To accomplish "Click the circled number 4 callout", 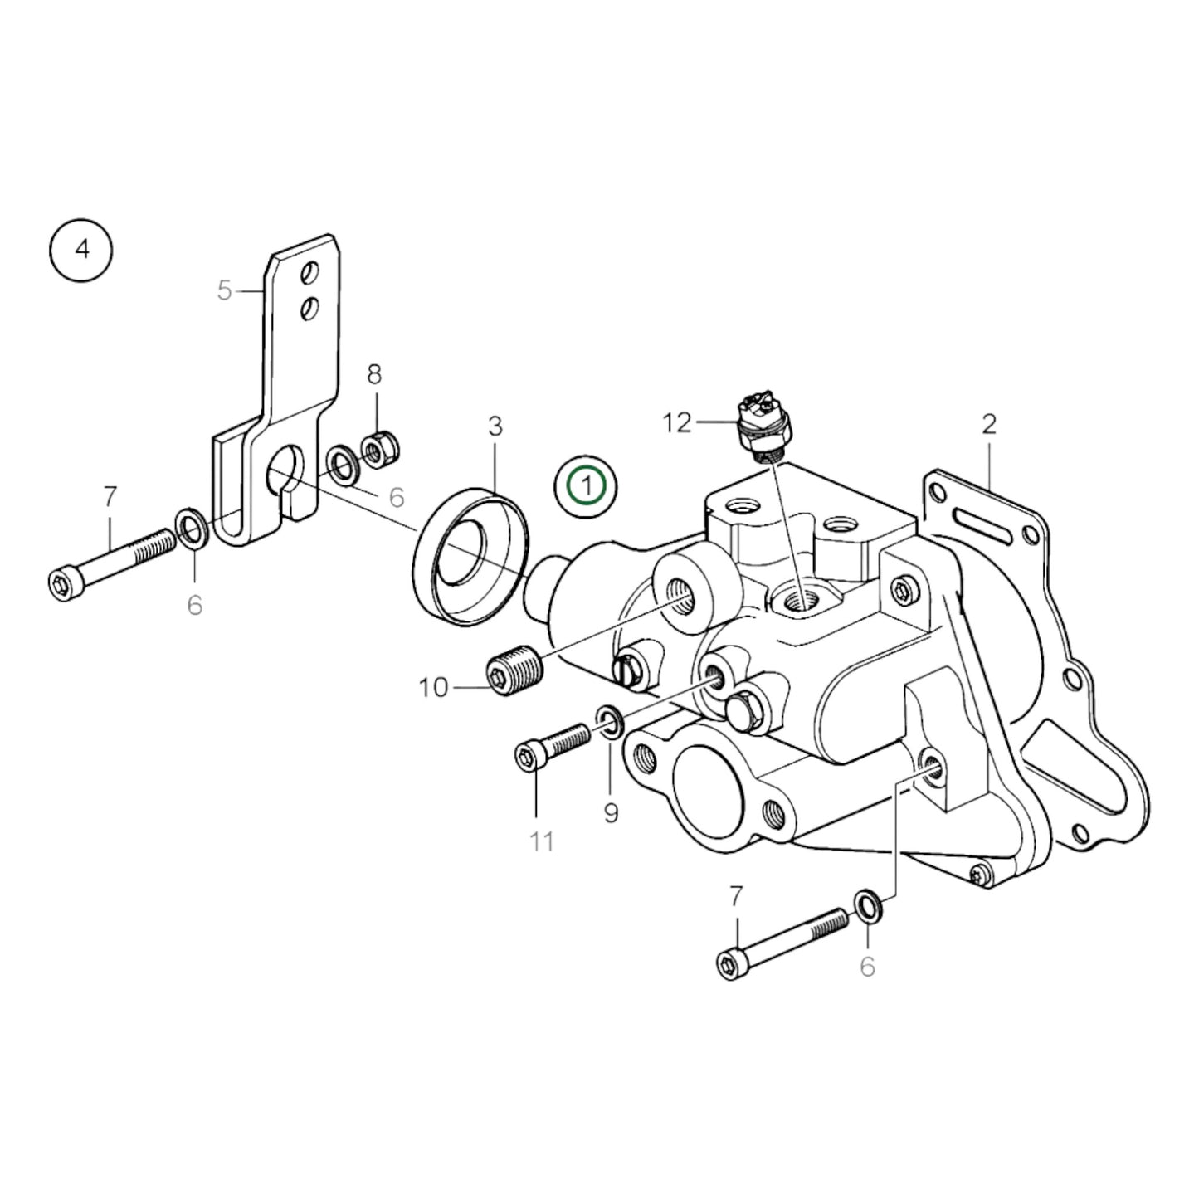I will point(81,249).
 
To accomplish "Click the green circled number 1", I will point(587,485).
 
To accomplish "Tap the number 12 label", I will point(677,423).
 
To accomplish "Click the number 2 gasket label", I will point(988,424).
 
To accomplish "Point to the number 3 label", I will point(495,426).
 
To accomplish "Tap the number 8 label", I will point(374,374).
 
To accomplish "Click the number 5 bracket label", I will point(224,291).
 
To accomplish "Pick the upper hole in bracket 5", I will point(310,272).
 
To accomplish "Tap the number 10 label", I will point(433,688).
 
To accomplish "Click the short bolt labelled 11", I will point(551,745).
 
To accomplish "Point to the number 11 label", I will point(542,841).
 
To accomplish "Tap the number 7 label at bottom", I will point(736,897).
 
